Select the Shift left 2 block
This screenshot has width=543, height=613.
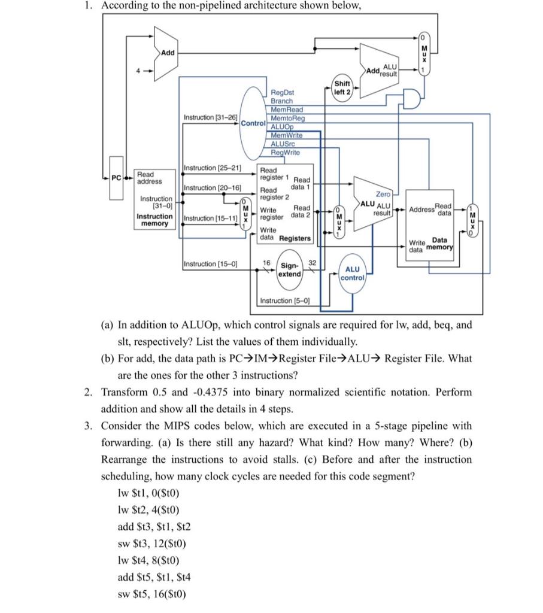point(343,87)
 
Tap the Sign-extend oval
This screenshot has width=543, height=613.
point(290,269)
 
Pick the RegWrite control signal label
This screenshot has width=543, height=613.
point(285,153)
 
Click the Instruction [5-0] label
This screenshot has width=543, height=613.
point(284,301)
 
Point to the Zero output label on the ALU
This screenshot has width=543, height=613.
point(383,194)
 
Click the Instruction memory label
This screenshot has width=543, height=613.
point(154,219)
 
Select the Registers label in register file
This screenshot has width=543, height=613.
point(295,238)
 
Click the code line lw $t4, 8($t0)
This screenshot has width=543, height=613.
point(149,561)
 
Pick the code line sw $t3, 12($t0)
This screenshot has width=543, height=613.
point(152,544)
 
